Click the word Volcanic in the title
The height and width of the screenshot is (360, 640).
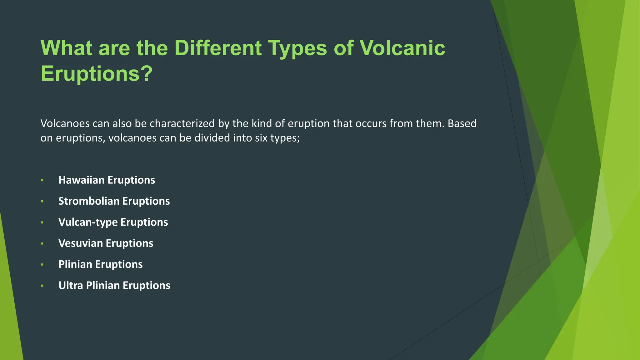[402, 48]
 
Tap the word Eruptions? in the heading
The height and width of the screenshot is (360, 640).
[97, 74]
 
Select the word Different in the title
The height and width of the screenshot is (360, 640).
[218, 48]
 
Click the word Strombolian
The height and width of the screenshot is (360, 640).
[89, 201]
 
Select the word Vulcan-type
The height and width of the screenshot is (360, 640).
[88, 222]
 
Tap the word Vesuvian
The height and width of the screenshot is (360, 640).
[80, 243]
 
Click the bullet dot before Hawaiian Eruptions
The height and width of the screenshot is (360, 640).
[42, 180]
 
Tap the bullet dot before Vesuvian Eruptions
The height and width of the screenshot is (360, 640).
[42, 243]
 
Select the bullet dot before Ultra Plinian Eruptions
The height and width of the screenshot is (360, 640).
[42, 286]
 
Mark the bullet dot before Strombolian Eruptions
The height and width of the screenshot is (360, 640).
[42, 201]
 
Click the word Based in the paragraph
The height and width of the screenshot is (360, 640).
[462, 123]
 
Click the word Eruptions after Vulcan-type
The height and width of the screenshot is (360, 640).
[144, 222]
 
